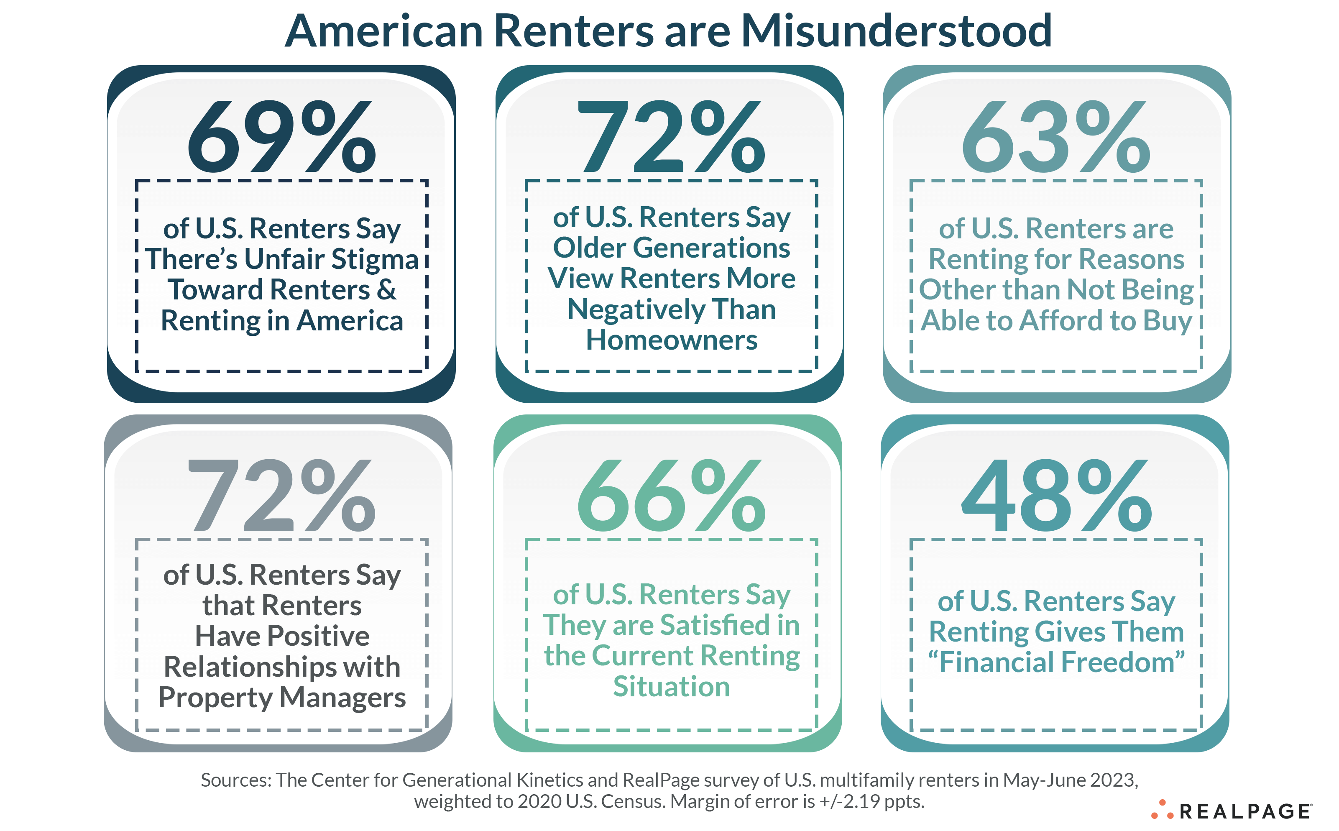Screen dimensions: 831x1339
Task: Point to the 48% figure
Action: click(1055, 496)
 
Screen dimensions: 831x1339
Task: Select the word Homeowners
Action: click(672, 340)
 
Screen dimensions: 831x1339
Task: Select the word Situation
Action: click(672, 687)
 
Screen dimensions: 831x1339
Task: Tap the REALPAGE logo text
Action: click(1245, 812)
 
